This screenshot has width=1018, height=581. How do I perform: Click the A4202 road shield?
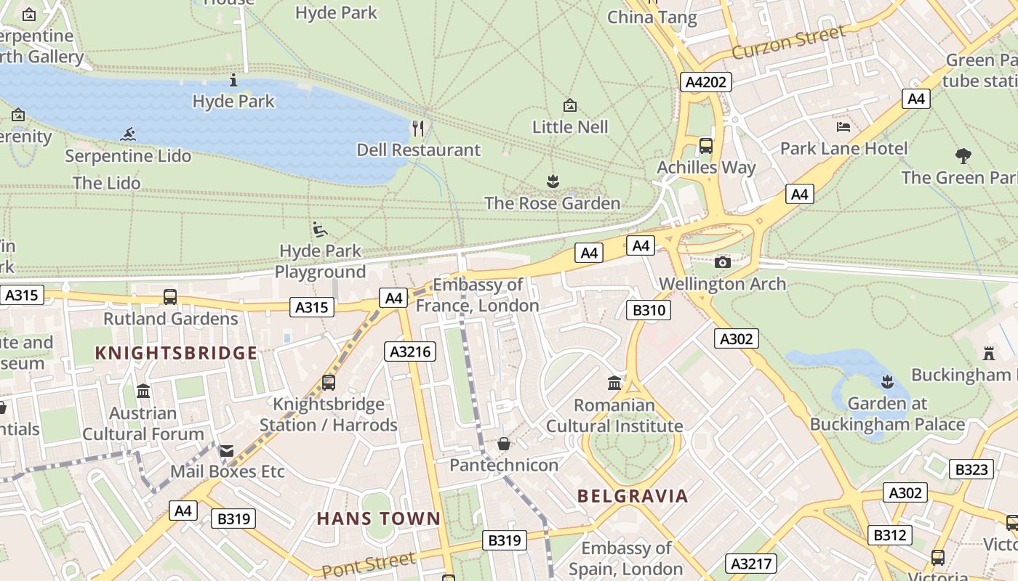pos(706,82)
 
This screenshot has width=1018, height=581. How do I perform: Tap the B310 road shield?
pos(648,311)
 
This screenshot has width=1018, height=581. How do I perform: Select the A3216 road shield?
pos(410,352)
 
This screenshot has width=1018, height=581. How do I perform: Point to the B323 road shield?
pos(971,469)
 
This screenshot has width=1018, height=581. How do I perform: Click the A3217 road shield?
pos(751,564)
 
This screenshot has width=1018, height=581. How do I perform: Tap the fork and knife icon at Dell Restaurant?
pos(418,129)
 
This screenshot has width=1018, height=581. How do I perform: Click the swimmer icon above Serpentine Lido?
pos(129,134)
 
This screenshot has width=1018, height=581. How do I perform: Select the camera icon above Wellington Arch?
pos(722,262)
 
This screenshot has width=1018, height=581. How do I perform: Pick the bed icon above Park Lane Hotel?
pos(843,127)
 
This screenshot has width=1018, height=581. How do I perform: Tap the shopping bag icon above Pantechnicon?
pos(504,443)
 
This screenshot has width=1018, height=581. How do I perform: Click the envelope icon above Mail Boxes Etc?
pos(228,451)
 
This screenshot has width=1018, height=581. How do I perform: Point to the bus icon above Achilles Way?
pos(706,146)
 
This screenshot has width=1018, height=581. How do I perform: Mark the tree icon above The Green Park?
pos(963,155)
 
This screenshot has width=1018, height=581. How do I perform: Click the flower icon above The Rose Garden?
pos(553,182)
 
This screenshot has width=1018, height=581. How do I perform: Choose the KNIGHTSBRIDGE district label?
pos(176,354)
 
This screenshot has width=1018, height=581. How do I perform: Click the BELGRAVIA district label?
pos(633,496)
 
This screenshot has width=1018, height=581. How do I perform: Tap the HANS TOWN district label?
pos(378,519)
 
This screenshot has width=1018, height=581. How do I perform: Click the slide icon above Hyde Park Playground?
pos(319,229)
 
